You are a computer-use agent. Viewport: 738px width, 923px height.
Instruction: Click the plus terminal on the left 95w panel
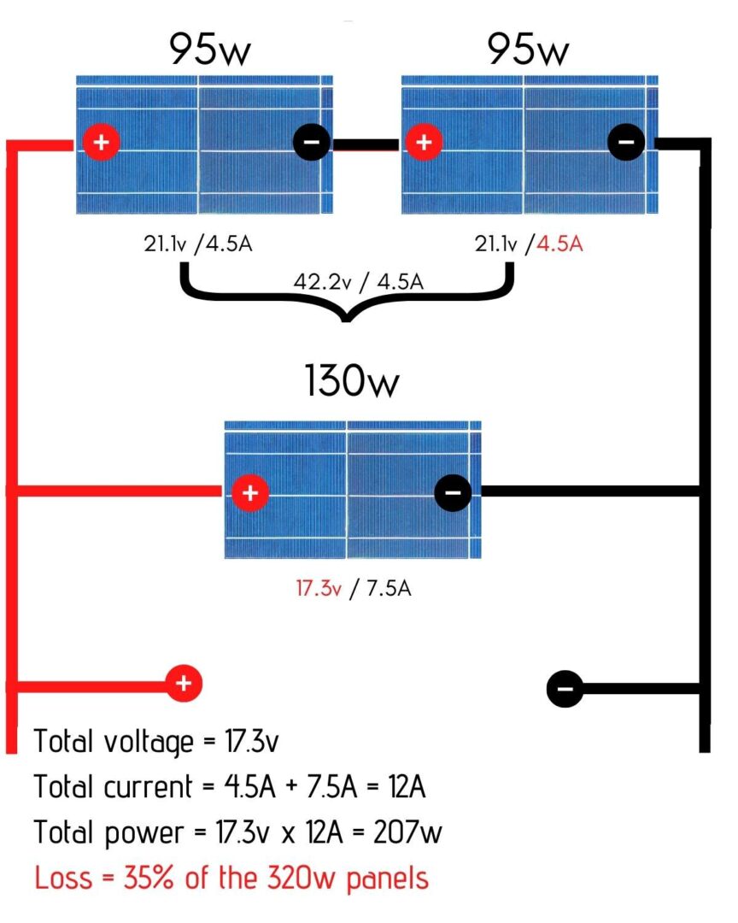[x=101, y=143]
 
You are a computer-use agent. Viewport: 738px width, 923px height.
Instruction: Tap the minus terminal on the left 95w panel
[x=311, y=143]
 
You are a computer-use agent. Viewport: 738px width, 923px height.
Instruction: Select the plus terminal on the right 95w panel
[x=422, y=143]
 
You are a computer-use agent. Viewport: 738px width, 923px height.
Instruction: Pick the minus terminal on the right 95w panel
[x=626, y=143]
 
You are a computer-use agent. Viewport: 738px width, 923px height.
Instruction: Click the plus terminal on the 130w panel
[x=249, y=492]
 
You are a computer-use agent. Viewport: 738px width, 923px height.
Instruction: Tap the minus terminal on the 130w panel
[x=453, y=492]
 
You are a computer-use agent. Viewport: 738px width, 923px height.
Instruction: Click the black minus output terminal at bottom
[x=565, y=686]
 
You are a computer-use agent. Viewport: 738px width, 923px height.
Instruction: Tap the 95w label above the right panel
[x=528, y=50]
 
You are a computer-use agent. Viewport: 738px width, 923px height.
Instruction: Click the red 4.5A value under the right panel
[x=559, y=244]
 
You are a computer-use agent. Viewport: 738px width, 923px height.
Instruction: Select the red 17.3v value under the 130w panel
[x=319, y=589]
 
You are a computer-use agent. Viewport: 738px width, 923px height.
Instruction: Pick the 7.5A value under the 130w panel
[x=387, y=589]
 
